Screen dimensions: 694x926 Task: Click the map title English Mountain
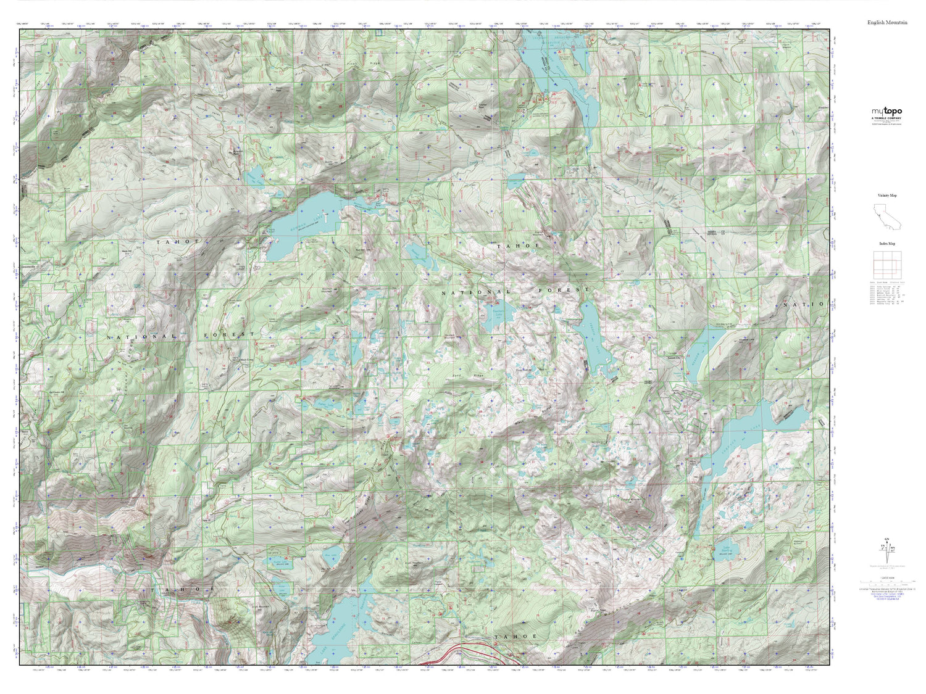(x=887, y=22)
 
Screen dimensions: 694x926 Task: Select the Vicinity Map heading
(x=887, y=196)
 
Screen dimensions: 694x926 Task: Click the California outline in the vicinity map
(x=886, y=216)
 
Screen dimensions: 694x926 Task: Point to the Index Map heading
(x=887, y=244)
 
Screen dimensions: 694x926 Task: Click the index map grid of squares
(x=886, y=266)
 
